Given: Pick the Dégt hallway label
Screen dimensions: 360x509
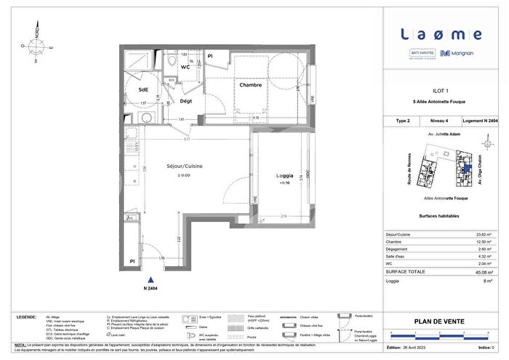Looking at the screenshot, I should click(186, 102).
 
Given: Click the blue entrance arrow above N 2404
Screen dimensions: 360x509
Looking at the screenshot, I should click(151, 279).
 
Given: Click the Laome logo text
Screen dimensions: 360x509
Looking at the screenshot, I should click(441, 33).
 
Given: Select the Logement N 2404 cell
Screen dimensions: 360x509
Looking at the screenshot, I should click(481, 121).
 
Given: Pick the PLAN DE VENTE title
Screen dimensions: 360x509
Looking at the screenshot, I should click(441, 321).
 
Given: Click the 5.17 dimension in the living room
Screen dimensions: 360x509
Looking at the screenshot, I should click(187, 138).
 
